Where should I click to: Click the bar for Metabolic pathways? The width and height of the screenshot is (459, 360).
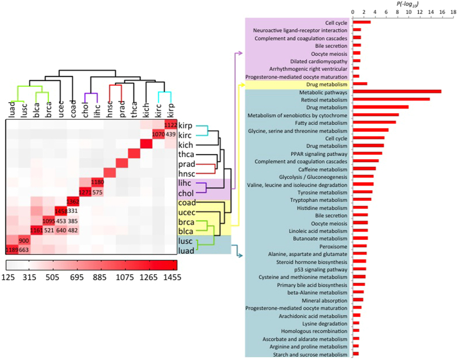point(397,92)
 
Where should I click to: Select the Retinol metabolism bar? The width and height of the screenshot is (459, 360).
point(391,99)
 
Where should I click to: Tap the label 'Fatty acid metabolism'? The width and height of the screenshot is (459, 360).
point(323,122)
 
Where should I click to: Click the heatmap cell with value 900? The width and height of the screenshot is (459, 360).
point(24,241)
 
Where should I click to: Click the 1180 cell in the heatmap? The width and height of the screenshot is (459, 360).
point(97,182)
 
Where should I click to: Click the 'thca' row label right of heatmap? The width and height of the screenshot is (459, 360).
point(186,154)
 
